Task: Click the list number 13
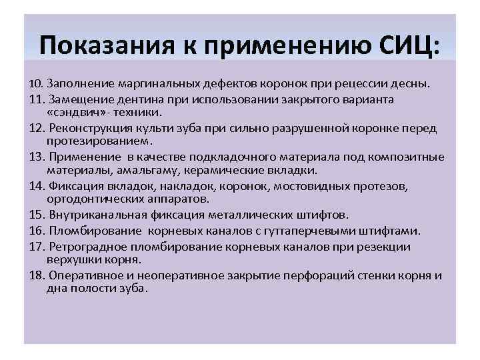click(37, 157)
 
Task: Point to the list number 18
click(37, 276)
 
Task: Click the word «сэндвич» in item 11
click(73, 113)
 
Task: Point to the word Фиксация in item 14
click(71, 186)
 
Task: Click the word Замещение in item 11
click(74, 99)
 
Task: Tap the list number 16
click(37, 231)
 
